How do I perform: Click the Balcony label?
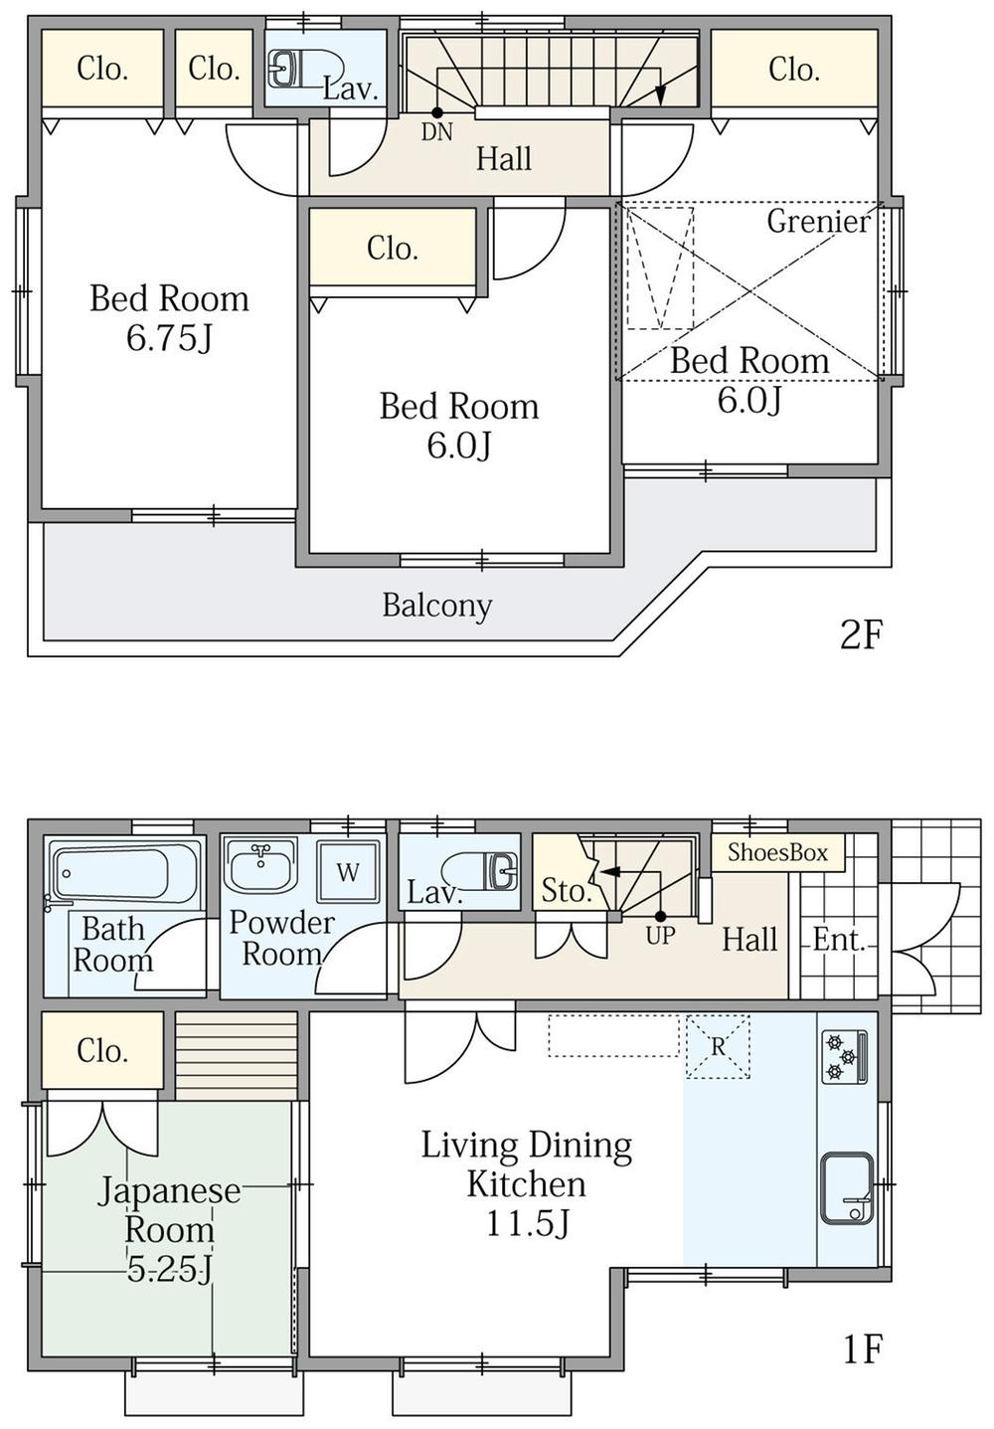click(x=437, y=606)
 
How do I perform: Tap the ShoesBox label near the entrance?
click(x=777, y=852)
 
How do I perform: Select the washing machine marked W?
click(x=348, y=871)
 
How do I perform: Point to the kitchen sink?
click(x=847, y=1188)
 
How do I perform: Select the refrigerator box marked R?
click(x=718, y=1047)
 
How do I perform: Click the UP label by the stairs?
click(x=660, y=936)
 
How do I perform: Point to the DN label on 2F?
click(x=436, y=132)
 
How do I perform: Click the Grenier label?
click(x=818, y=222)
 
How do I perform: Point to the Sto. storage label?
click(x=565, y=891)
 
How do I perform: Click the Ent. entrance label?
click(x=838, y=940)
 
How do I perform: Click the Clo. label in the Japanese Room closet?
click(x=102, y=1050)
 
